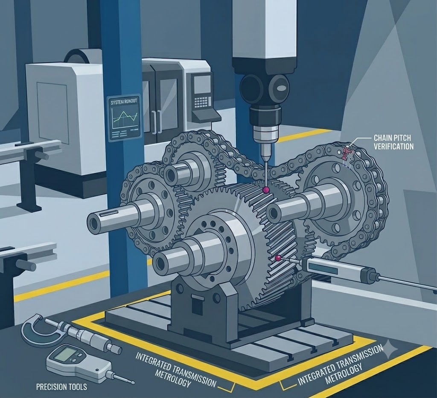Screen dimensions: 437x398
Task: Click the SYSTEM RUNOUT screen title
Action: [x=124, y=102]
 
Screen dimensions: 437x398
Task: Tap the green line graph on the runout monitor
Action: [x=125, y=117]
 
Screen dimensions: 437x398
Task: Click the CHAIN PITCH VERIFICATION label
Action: [x=393, y=142]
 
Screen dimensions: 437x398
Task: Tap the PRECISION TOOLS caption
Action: [x=61, y=387]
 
